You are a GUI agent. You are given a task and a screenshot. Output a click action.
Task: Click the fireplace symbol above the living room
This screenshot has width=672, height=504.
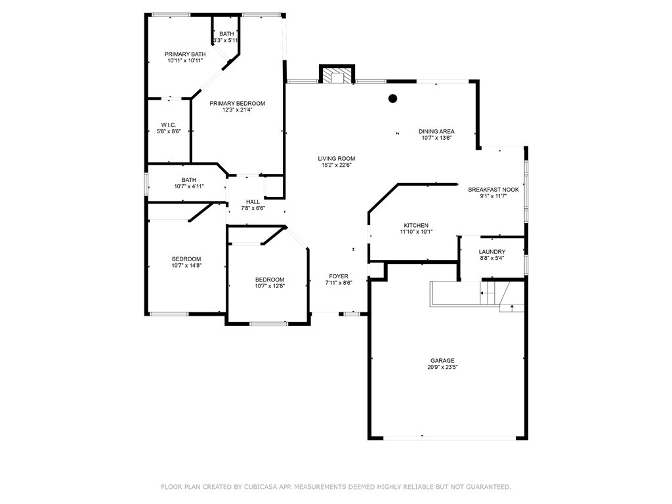pos(337,73)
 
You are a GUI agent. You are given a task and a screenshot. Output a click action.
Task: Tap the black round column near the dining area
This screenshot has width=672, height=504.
pos(392,98)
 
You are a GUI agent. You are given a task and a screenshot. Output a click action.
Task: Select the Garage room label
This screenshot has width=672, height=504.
pos(442,360)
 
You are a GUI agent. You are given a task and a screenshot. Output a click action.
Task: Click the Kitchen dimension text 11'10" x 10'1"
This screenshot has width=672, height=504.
pos(416,232)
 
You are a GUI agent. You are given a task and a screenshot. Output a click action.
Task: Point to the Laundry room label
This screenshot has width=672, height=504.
pos(492,251)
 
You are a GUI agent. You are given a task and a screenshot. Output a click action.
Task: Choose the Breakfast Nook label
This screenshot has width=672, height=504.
pos(493,190)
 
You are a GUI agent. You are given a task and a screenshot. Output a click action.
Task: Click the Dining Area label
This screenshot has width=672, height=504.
pos(436,131)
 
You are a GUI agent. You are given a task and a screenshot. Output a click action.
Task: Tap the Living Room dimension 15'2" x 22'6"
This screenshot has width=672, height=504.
pos(337,165)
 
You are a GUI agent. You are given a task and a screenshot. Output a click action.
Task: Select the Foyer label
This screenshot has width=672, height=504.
pos(339,276)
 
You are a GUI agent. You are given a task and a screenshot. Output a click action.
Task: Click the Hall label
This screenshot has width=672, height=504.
pos(253,202)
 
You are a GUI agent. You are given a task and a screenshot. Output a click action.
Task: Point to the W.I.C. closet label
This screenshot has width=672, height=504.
pos(169,125)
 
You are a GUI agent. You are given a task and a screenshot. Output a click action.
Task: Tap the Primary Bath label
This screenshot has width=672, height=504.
pos(185,54)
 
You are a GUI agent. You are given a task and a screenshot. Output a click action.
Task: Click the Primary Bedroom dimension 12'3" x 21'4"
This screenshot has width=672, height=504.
pos(236,110)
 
